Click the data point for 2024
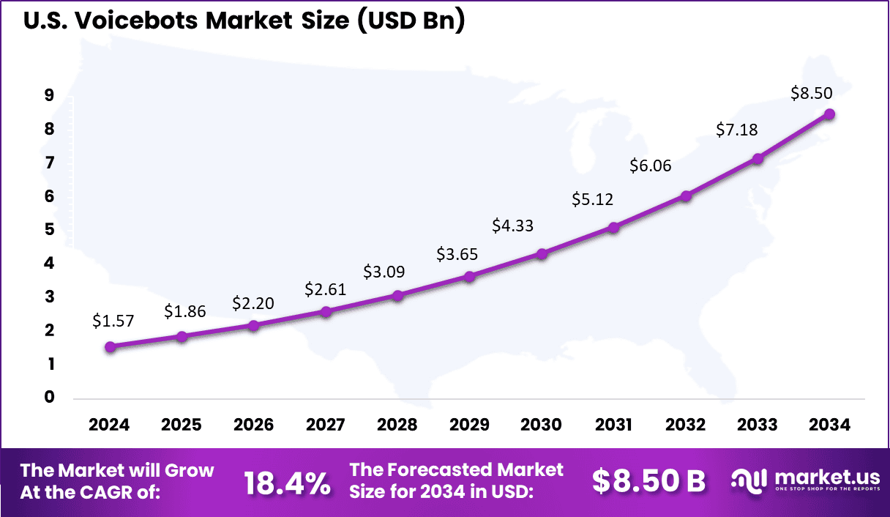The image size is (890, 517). click(110, 347)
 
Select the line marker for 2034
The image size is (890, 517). click(829, 114)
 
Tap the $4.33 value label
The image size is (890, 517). click(512, 226)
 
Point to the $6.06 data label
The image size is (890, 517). click(650, 166)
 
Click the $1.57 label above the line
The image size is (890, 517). click(113, 320)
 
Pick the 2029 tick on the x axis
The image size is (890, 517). click(469, 425)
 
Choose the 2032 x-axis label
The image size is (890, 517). click(686, 425)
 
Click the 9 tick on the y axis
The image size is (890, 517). click(49, 95)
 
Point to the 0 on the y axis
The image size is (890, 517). click(49, 398)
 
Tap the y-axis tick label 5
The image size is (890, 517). click(49, 230)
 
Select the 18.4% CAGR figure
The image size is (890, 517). click(287, 483)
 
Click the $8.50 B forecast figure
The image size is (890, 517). click(648, 481)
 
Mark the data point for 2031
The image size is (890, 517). click(613, 228)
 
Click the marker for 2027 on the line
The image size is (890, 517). click(326, 312)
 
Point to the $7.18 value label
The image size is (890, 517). click(736, 130)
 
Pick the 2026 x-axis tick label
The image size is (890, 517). click(253, 425)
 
